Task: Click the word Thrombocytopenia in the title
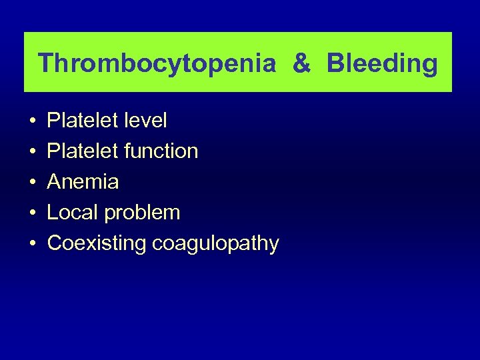coord(157,63)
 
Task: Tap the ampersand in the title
coord(301,63)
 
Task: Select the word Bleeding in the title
coord(383,63)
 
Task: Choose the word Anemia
coord(83,182)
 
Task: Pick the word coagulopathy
coord(215,244)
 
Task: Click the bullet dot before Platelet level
coord(33,122)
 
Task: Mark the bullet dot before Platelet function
coord(33,153)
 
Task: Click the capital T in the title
coord(45,63)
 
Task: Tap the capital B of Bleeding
coord(335,63)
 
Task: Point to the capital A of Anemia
coord(54,182)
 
